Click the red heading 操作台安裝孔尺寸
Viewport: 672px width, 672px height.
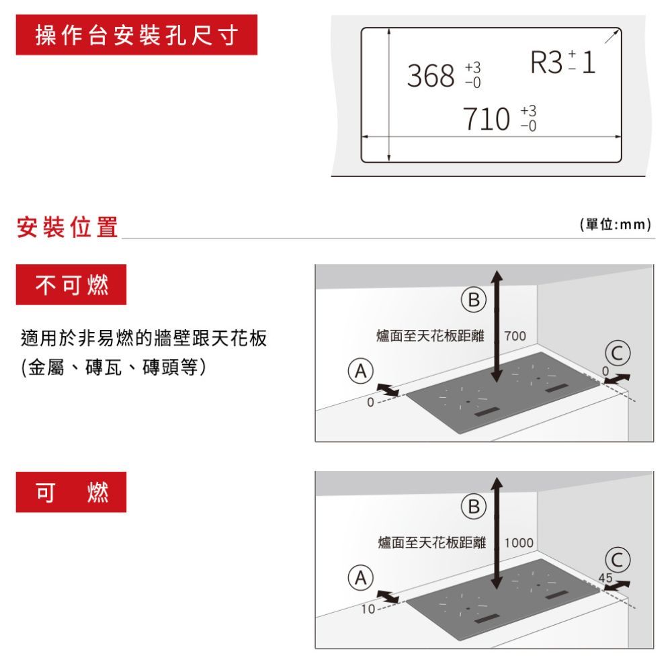point(136,35)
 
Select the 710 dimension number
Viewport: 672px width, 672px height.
point(487,119)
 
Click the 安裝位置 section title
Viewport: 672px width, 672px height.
point(67,227)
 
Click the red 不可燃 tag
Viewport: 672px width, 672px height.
point(71,286)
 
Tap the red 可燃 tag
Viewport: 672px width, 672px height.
point(71,493)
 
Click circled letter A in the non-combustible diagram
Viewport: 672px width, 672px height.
point(360,370)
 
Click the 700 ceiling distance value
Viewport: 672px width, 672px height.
point(515,335)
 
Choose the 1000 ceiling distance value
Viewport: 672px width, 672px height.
point(518,542)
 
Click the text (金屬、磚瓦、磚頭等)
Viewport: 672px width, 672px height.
point(113,368)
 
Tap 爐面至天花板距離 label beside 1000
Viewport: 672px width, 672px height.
point(431,542)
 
